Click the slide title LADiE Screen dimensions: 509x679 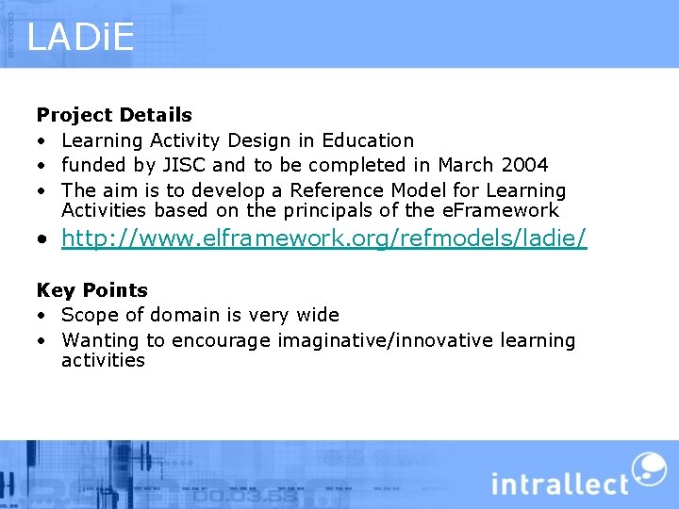tap(80, 38)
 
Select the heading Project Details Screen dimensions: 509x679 tap(114, 115)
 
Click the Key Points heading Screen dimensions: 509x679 tap(92, 290)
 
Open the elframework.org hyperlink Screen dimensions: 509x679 tap(323, 239)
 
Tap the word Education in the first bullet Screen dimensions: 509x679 tap(368, 140)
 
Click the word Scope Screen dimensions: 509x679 tap(90, 315)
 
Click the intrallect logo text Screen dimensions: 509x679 tap(559, 484)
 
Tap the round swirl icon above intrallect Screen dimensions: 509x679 tap(648, 468)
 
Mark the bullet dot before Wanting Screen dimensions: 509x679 tap(42, 341)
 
